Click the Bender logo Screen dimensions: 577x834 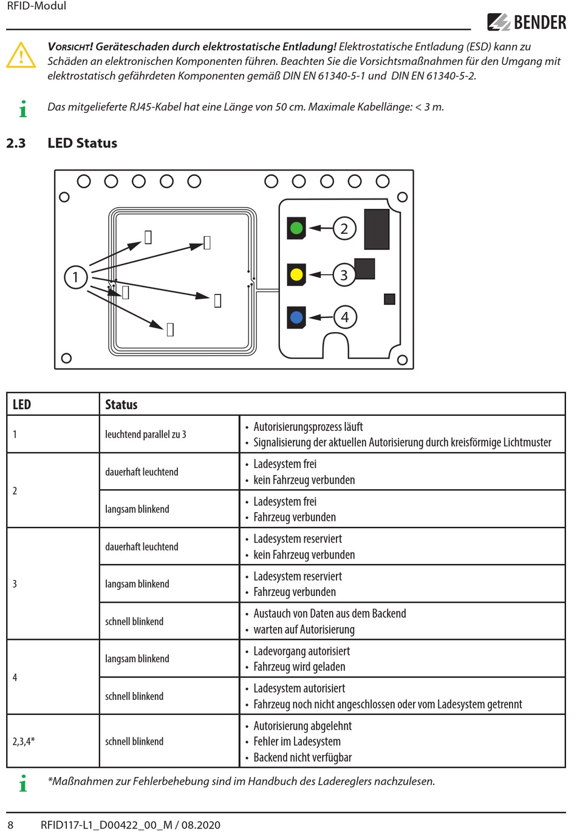click(x=527, y=22)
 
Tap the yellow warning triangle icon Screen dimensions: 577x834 click(x=21, y=55)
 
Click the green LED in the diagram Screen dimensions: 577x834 click(x=296, y=228)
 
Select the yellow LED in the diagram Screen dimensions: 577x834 click(x=296, y=274)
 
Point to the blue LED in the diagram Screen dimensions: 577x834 click(x=296, y=317)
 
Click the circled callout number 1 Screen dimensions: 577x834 click(x=75, y=277)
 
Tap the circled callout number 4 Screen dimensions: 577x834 click(x=345, y=317)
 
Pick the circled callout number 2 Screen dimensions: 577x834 click(x=344, y=228)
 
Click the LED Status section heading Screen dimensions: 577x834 click(x=83, y=143)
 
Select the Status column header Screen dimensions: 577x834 click(x=121, y=404)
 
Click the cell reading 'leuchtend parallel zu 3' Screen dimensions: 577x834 click(x=145, y=434)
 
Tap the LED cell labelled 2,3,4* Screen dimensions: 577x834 click(x=24, y=741)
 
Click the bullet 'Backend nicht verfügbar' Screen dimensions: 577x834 click(x=302, y=757)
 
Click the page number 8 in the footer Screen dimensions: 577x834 click(x=10, y=825)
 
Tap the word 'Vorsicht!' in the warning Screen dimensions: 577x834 click(x=70, y=47)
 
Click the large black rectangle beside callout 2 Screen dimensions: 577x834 click(x=377, y=229)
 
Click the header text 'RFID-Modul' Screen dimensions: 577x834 click(x=36, y=5)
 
